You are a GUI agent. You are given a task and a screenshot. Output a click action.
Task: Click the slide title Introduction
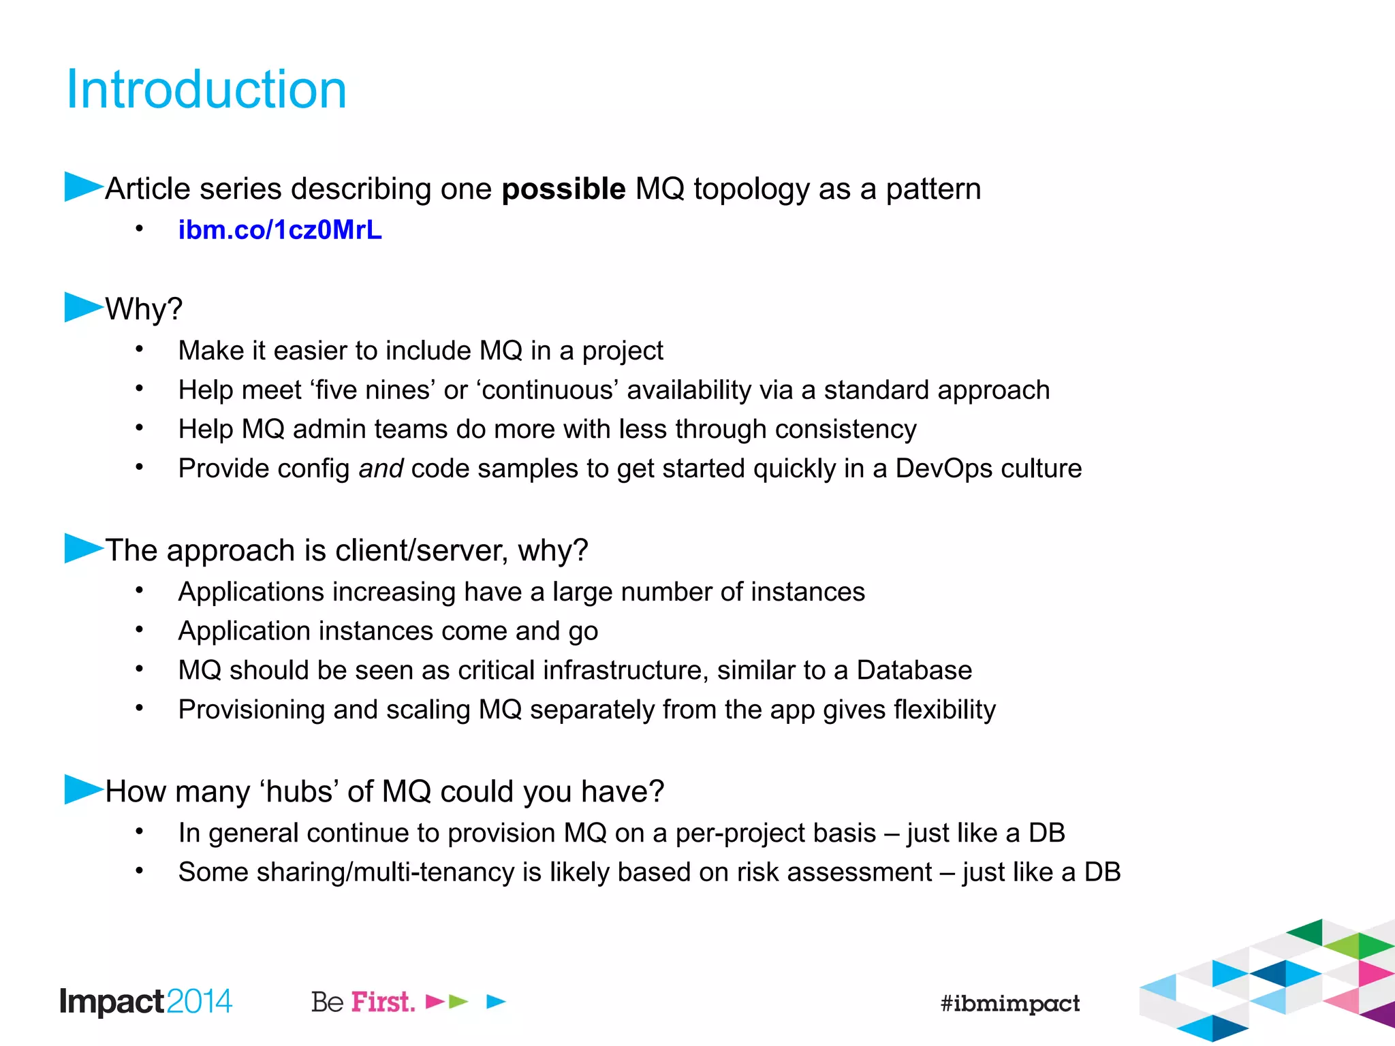click(x=206, y=90)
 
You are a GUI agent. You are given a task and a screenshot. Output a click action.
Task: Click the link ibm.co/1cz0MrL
click(x=280, y=230)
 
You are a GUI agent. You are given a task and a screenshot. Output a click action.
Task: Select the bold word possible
click(x=563, y=189)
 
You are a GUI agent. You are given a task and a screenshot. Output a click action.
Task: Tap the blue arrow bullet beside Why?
click(x=82, y=307)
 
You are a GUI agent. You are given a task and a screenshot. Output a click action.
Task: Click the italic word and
click(x=381, y=469)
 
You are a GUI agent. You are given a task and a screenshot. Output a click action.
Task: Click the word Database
click(x=913, y=670)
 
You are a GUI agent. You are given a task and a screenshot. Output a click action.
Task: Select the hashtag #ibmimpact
click(x=1009, y=1002)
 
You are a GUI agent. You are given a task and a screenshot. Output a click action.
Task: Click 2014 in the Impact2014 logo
click(x=199, y=1002)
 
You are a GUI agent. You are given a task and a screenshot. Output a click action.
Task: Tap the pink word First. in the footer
click(x=383, y=1002)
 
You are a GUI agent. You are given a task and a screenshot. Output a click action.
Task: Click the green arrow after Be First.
click(x=458, y=1001)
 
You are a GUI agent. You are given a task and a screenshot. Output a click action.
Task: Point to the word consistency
click(x=845, y=429)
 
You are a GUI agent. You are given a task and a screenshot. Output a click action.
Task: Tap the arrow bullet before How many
click(x=82, y=789)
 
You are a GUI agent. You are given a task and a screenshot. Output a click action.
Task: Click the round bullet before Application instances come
click(x=139, y=630)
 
